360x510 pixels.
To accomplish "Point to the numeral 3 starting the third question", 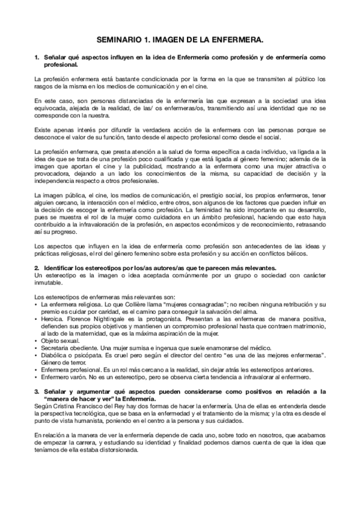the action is pyautogui.click(x=37, y=392).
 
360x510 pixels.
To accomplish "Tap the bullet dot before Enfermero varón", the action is pyautogui.click(x=37, y=378).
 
